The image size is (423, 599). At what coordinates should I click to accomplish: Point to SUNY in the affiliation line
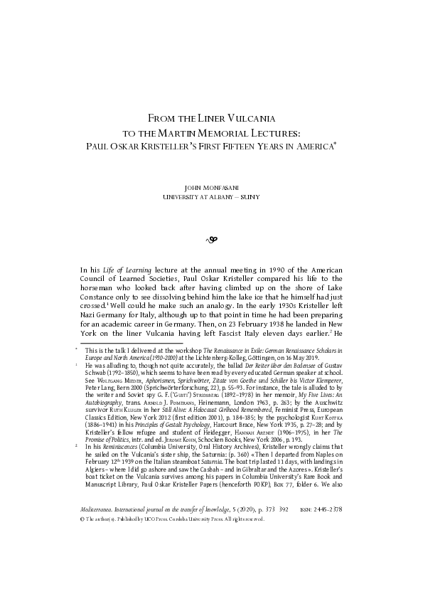250,196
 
